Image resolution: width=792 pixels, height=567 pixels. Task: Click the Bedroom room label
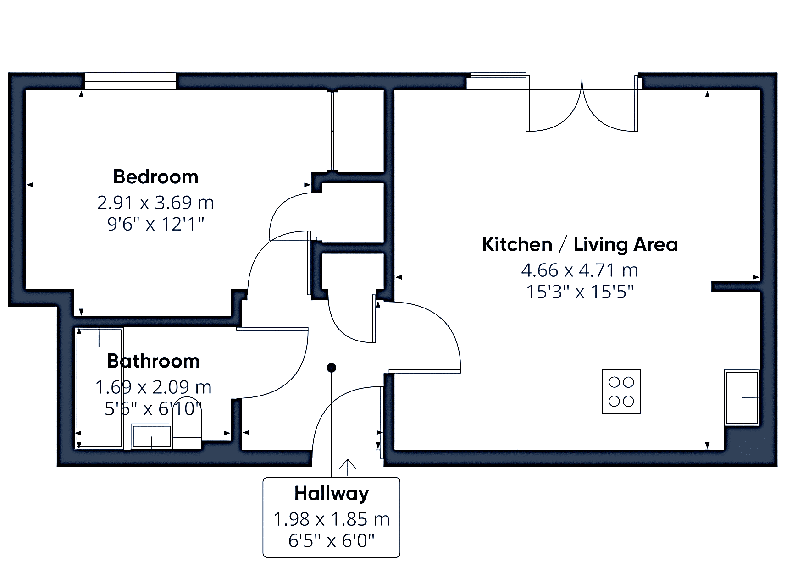click(155, 177)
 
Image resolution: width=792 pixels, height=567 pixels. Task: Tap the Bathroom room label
click(153, 361)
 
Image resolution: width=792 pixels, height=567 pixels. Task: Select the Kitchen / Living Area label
click(580, 244)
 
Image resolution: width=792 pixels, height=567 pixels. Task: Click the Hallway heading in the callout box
click(332, 493)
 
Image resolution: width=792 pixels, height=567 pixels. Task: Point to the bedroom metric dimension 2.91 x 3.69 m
click(155, 202)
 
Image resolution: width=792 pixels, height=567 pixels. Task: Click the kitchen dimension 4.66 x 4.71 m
click(580, 270)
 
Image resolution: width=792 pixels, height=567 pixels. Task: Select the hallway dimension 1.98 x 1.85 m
click(332, 519)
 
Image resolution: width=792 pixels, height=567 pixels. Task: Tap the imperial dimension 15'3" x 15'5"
click(580, 292)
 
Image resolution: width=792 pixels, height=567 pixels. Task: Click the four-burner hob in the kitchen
click(621, 392)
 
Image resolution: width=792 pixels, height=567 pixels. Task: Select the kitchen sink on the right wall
click(742, 397)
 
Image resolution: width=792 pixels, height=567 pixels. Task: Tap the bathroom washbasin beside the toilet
click(151, 436)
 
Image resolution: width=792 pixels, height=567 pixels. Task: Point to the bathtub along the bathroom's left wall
click(99, 388)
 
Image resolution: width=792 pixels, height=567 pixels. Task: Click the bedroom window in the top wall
click(130, 81)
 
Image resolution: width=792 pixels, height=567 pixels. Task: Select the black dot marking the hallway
click(331, 368)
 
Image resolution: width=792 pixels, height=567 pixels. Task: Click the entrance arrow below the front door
click(348, 467)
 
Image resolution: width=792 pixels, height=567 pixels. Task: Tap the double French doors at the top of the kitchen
click(582, 103)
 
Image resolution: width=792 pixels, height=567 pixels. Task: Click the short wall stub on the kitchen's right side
click(736, 287)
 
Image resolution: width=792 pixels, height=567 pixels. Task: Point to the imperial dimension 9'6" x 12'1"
click(155, 224)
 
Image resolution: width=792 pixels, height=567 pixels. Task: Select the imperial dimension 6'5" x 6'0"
click(332, 541)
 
